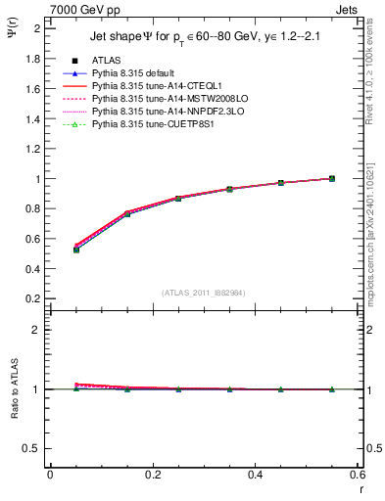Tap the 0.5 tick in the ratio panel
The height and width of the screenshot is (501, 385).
35,448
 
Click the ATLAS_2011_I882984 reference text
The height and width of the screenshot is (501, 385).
203,293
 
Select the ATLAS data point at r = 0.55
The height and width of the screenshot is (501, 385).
331,178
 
